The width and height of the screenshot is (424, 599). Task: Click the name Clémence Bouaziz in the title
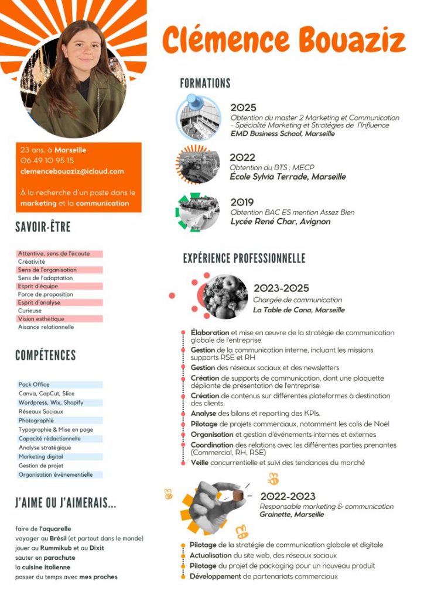tap(283, 40)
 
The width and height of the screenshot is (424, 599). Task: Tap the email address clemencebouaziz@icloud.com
tap(72, 171)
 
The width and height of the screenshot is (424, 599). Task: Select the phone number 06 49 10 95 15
tap(47, 160)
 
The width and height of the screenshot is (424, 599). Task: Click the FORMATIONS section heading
tap(205, 84)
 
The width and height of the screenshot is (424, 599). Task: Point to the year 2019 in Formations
tap(242, 202)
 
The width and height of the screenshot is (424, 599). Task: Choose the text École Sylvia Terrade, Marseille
tap(288, 177)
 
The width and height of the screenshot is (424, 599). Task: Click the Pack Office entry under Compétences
tap(34, 384)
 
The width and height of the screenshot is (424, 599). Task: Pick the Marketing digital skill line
tap(40, 456)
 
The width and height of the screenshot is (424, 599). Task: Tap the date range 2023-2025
tap(281, 288)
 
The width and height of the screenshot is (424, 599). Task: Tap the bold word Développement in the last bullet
tap(216, 576)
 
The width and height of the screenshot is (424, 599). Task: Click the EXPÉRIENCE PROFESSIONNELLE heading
tap(244, 259)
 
